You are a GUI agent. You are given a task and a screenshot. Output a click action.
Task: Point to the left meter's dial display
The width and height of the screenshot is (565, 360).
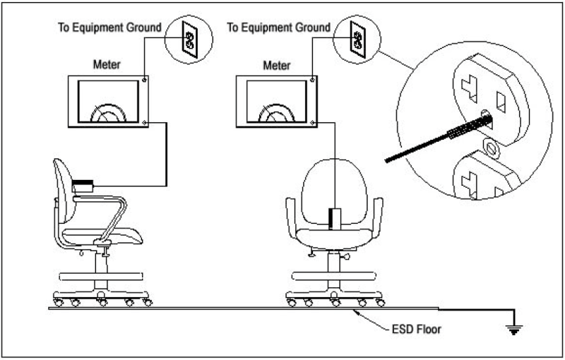tap(107, 103)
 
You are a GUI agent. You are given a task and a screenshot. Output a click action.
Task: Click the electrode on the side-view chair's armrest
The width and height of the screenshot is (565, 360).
tap(83, 186)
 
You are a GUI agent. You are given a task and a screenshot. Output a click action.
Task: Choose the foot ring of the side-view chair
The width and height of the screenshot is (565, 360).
tap(102, 275)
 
